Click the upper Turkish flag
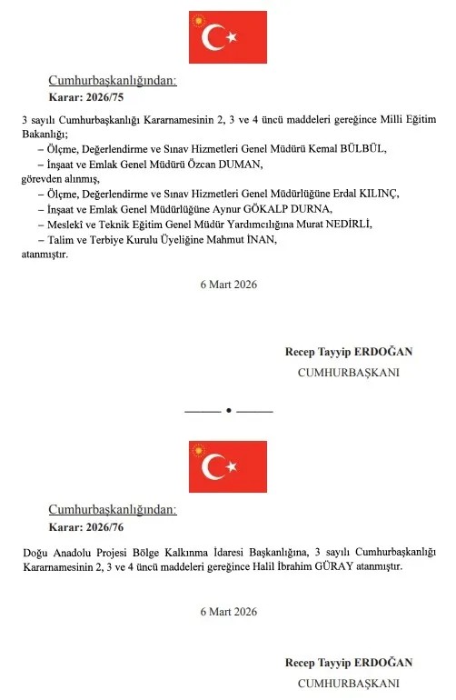228,36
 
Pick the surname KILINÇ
379,194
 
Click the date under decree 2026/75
228,285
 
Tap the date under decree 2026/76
228,611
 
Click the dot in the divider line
228,411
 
